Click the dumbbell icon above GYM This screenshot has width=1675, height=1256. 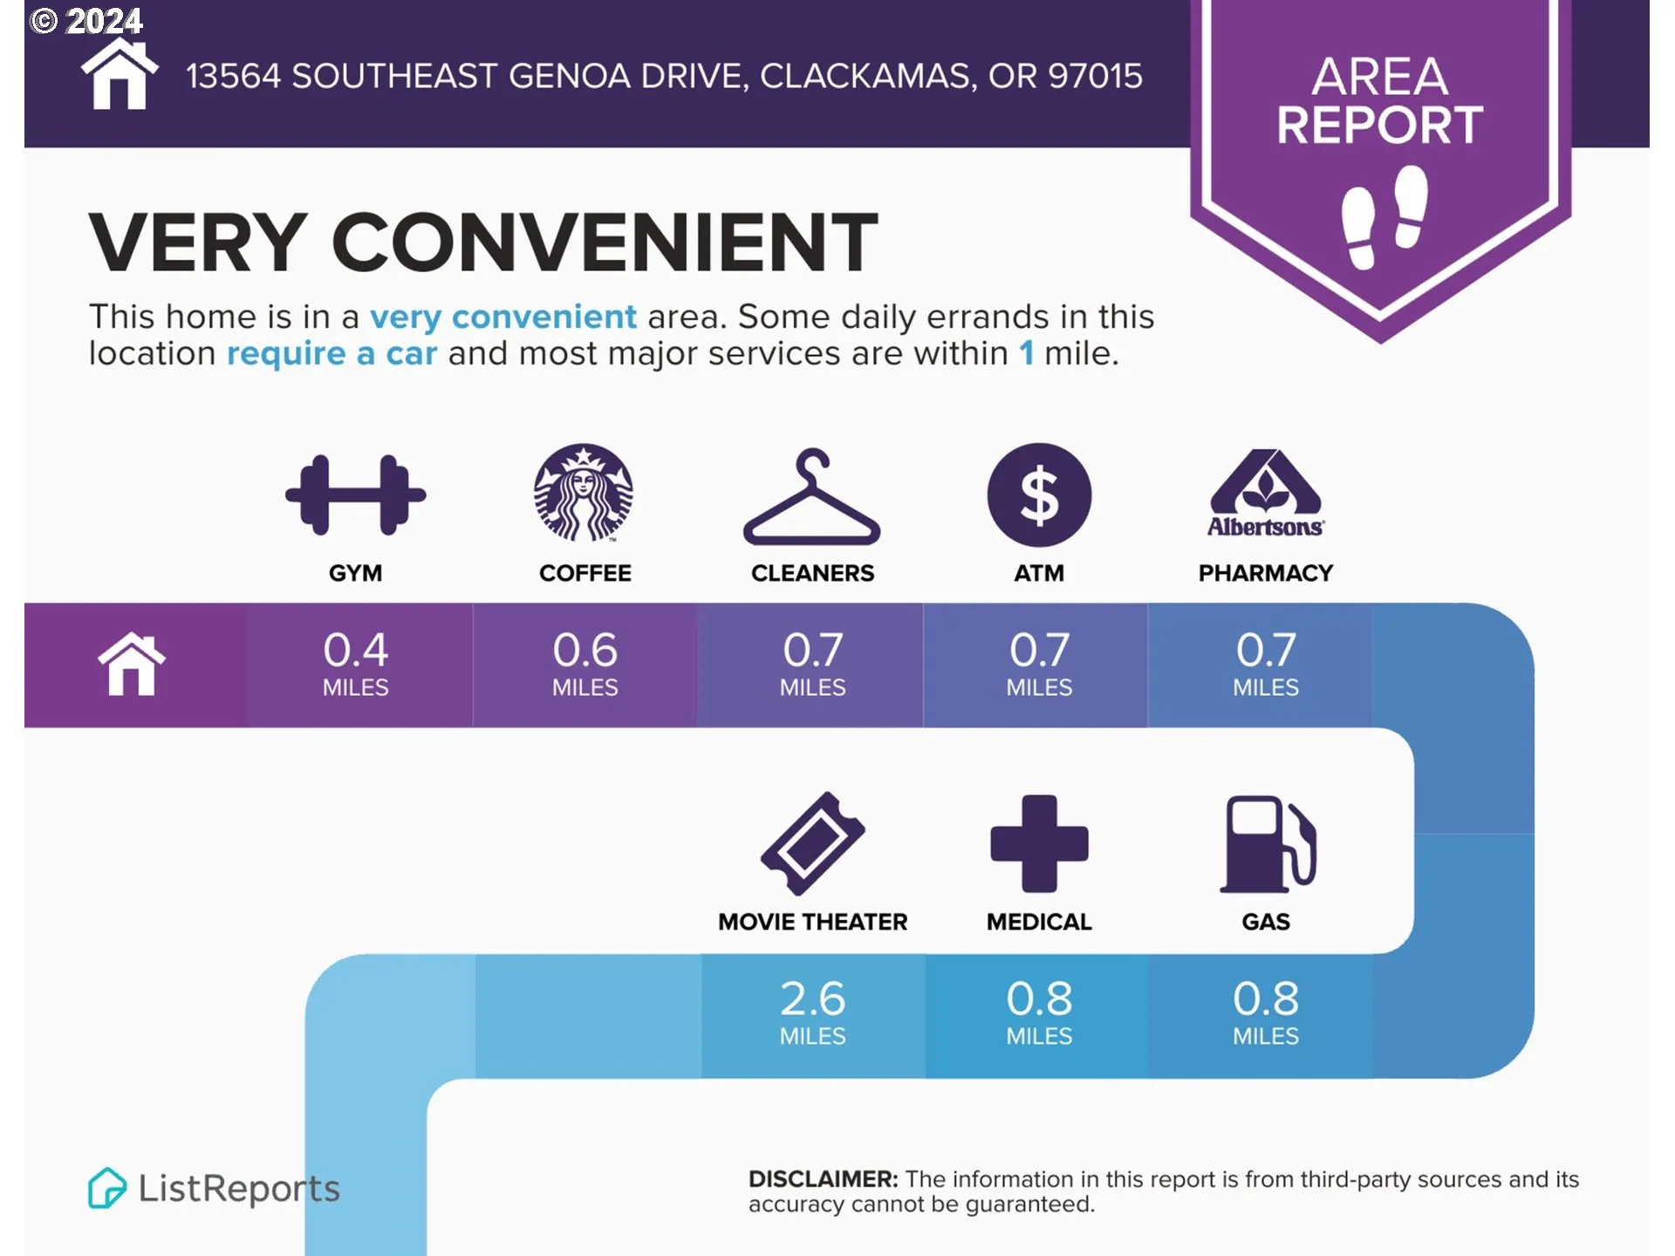pyautogui.click(x=356, y=495)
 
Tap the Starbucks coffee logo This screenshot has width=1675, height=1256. pyautogui.click(x=584, y=493)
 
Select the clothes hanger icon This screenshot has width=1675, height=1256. pyautogui.click(x=811, y=497)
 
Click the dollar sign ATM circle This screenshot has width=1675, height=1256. pyautogui.click(x=1039, y=495)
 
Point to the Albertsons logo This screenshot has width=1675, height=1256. pyautogui.click(x=1266, y=493)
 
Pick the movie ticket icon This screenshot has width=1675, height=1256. pyautogui.click(x=813, y=843)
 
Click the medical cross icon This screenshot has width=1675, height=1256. pyautogui.click(x=1039, y=843)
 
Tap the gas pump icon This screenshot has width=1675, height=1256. pyautogui.click(x=1268, y=844)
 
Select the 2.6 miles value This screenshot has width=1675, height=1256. pyautogui.click(x=812, y=1012)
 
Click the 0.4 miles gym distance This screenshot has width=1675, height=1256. pyautogui.click(x=356, y=663)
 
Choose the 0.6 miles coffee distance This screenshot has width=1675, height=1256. pyautogui.click(x=585, y=663)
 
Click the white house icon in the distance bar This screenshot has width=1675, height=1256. pyautogui.click(x=132, y=664)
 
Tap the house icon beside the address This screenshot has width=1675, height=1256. pyautogui.click(x=120, y=75)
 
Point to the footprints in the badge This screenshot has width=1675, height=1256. pyautogui.click(x=1384, y=216)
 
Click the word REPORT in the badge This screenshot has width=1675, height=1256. pyautogui.click(x=1380, y=125)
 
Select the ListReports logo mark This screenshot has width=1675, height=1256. pyautogui.click(x=106, y=1188)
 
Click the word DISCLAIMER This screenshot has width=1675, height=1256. pyautogui.click(x=823, y=1179)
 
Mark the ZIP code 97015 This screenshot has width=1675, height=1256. pyautogui.click(x=1095, y=77)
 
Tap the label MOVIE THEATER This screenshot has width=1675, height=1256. pyautogui.click(x=813, y=922)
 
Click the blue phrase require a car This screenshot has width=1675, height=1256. pyautogui.click(x=332, y=353)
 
